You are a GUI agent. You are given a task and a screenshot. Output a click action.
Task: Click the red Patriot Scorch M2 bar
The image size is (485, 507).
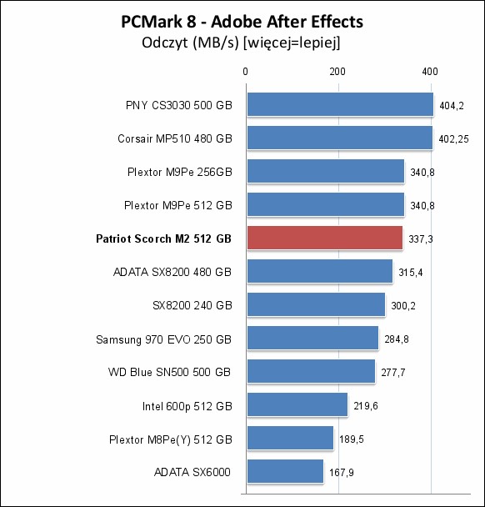tap(325, 238)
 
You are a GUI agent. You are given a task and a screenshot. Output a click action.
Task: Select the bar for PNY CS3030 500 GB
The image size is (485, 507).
tap(340, 104)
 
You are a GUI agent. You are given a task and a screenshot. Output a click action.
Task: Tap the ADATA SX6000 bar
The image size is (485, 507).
tap(285, 471)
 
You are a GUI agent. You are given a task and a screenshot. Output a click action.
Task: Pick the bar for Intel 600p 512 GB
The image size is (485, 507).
tap(297, 404)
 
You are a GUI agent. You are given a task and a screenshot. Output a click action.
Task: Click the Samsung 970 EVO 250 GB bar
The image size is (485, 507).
tap(312, 338)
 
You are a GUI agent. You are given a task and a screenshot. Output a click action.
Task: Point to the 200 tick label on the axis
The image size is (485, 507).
tap(337, 72)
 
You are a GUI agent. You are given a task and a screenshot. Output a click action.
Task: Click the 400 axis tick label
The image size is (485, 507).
tap(430, 72)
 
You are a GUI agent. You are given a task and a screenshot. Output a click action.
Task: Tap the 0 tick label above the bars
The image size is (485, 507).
tap(246, 72)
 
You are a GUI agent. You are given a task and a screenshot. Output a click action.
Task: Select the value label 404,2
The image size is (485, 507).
tap(452, 106)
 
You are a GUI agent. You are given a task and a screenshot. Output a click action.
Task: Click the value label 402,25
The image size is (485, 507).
tap(453, 139)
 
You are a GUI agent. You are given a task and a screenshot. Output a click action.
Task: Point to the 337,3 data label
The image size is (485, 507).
tap(421, 239)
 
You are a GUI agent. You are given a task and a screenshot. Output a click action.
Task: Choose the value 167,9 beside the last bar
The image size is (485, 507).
tap(342, 473)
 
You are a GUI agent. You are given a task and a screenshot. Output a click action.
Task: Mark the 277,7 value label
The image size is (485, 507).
tap(393, 373)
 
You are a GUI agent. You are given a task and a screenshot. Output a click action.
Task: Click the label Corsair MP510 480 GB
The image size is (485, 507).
tap(175, 138)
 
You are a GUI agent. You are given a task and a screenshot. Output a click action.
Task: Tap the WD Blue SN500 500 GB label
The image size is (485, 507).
tap(170, 372)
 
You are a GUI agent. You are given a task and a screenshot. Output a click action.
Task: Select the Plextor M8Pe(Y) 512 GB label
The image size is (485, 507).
tap(171, 439)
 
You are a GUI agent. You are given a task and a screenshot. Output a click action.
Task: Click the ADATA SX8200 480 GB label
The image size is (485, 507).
tap(172, 272)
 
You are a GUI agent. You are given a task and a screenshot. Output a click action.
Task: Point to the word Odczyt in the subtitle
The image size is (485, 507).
tap(165, 43)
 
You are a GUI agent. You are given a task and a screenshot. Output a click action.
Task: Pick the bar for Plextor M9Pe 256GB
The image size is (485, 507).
tap(326, 171)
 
